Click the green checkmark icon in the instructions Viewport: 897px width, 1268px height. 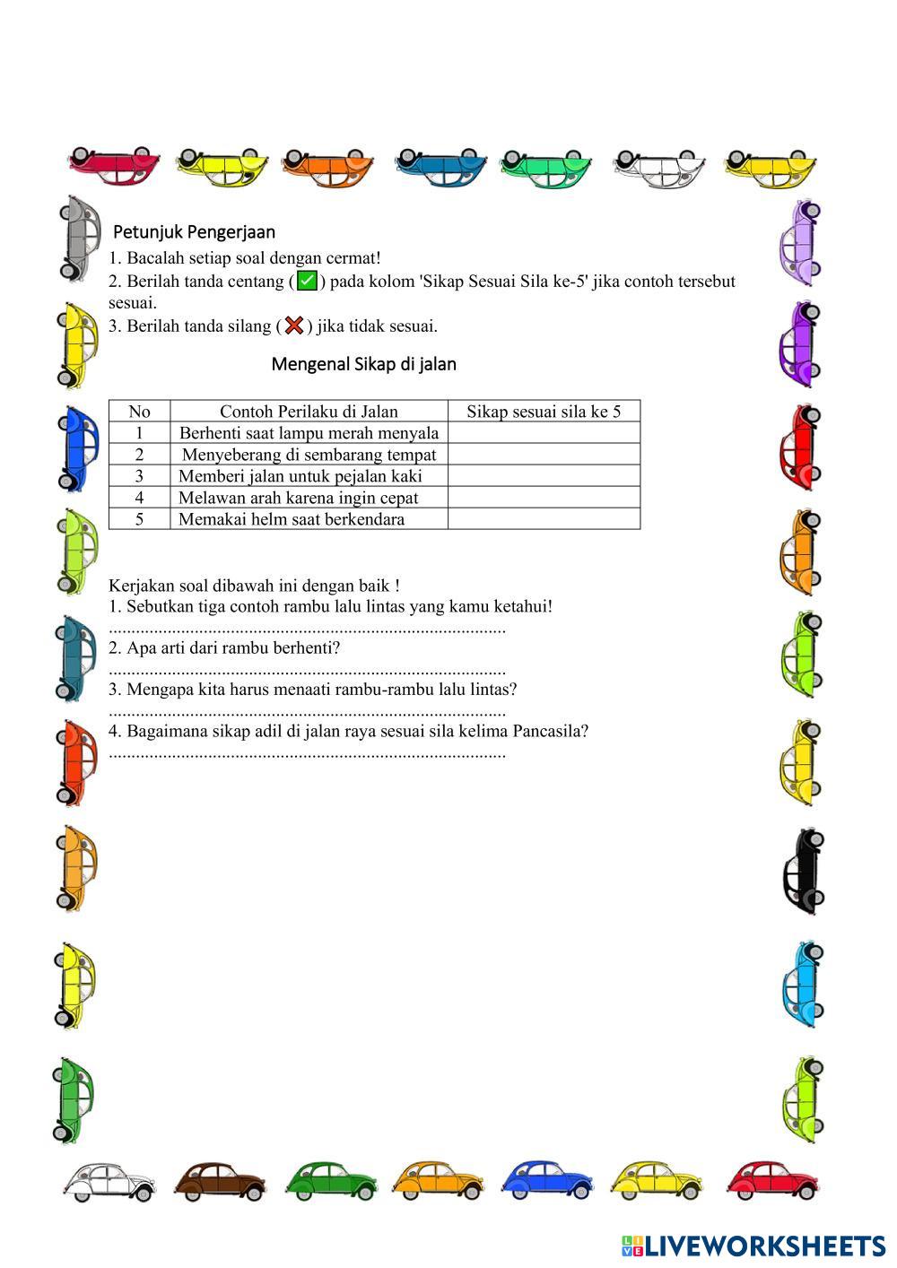tap(307, 282)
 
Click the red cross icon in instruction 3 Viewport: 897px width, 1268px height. tap(293, 326)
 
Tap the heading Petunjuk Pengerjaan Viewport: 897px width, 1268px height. tap(194, 232)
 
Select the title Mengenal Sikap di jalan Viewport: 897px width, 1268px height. tap(363, 364)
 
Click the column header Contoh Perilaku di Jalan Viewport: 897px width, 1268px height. tap(309, 412)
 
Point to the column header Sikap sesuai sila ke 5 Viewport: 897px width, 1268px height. tap(544, 412)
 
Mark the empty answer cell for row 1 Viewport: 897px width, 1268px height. tap(544, 433)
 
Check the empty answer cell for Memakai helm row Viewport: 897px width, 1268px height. tap(544, 519)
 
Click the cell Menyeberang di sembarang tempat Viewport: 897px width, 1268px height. tap(309, 455)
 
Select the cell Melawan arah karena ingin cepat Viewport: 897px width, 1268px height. tap(299, 498)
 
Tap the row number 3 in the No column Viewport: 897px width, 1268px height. tap(139, 476)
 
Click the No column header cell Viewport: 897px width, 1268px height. tap(139, 412)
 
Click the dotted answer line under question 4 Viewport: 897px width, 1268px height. tap(307, 754)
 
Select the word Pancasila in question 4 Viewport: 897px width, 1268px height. tap(556, 731)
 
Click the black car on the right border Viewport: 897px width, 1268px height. tap(801, 872)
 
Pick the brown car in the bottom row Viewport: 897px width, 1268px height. tap(220, 1181)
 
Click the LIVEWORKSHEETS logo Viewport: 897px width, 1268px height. tap(753, 1246)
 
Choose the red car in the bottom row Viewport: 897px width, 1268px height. tap(772, 1181)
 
